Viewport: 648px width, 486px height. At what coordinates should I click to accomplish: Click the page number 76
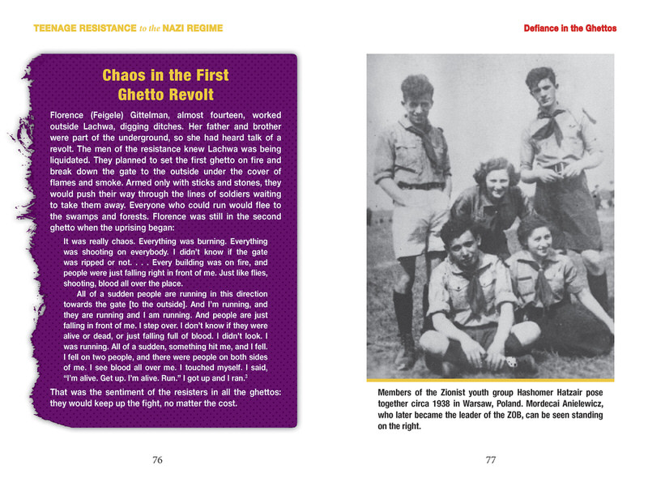coord(158,460)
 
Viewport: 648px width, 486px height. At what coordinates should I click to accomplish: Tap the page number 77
coord(490,460)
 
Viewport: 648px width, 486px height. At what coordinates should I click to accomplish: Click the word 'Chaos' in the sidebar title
coord(126,76)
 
